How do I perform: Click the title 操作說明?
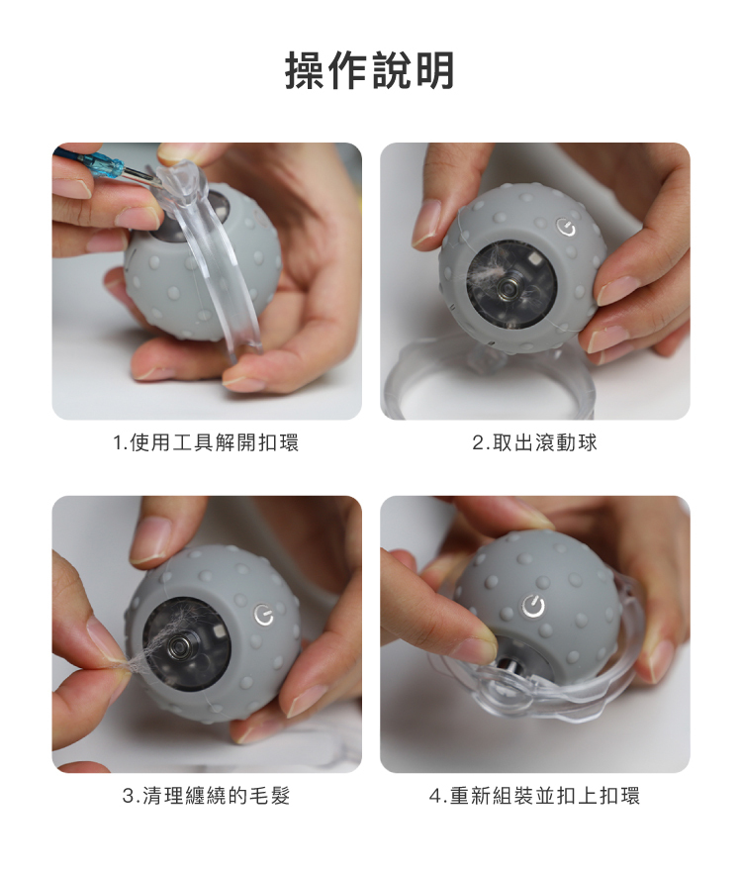point(370,70)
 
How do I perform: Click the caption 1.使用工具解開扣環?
point(206,442)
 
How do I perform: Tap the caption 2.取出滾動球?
point(534,442)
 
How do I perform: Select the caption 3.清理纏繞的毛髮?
point(206,796)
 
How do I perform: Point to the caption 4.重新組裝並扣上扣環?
point(534,796)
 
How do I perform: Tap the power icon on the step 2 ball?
point(566,228)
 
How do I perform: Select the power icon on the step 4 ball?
point(533,607)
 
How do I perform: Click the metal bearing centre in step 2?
point(508,287)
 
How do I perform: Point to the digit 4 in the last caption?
point(435,796)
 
